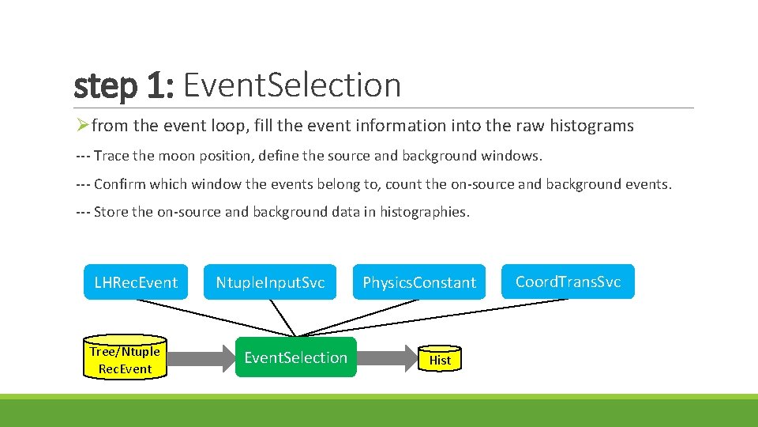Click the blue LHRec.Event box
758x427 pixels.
point(136,282)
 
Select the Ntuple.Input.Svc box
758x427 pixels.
point(270,282)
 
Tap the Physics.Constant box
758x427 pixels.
point(419,282)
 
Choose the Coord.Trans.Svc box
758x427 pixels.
point(568,282)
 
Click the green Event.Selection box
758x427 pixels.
point(295,357)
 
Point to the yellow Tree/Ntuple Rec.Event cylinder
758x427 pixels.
point(125,360)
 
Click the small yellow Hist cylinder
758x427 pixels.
point(440,360)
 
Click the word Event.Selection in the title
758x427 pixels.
point(292,85)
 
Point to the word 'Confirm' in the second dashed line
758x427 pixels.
point(119,184)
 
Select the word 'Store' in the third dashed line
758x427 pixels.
point(112,212)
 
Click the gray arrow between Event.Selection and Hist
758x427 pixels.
point(387,358)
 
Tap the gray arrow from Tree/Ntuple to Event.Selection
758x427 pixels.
point(202,358)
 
